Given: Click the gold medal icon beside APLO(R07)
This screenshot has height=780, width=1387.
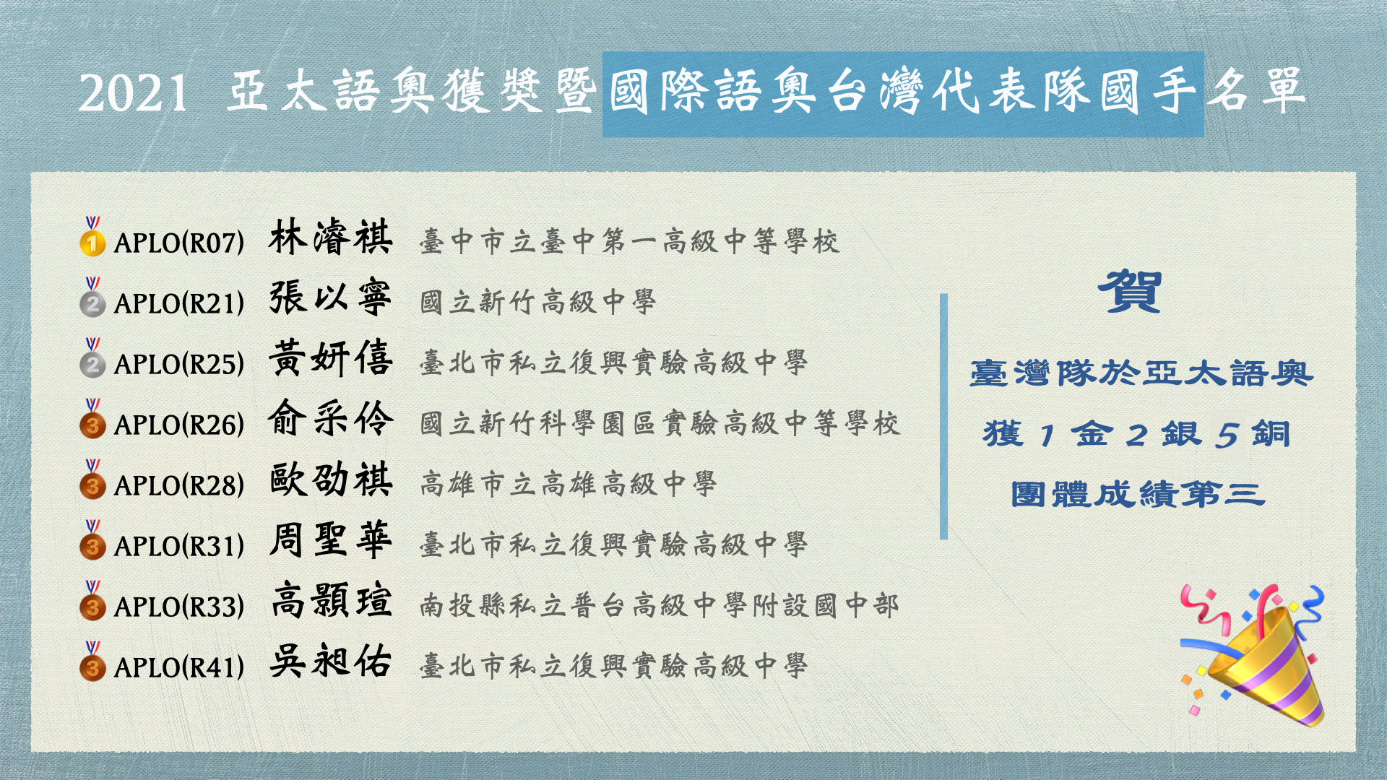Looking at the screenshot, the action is click(x=92, y=236).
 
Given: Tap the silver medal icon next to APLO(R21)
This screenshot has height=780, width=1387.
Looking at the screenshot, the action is click(x=92, y=297).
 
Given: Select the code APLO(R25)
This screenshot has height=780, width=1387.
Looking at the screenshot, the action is click(x=179, y=364).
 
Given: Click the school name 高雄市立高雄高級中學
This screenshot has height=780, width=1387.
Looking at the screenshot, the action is click(x=569, y=483).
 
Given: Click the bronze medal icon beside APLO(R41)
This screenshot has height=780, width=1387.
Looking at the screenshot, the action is click(x=92, y=661).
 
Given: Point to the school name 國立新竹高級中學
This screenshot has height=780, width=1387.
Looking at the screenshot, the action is click(x=538, y=301).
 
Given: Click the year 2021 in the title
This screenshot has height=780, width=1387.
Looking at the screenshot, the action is click(x=134, y=93).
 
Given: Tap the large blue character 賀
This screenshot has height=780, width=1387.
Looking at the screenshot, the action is click(x=1131, y=291).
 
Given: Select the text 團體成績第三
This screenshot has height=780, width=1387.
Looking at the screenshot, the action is click(x=1138, y=495).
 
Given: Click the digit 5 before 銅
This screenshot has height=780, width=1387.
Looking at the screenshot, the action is click(x=1227, y=435).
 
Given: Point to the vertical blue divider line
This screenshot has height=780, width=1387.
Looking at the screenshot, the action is click(x=943, y=416).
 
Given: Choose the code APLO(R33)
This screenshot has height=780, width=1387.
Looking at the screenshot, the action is click(x=179, y=607).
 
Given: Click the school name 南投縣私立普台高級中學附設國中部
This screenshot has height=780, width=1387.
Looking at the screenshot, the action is click(x=660, y=604).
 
